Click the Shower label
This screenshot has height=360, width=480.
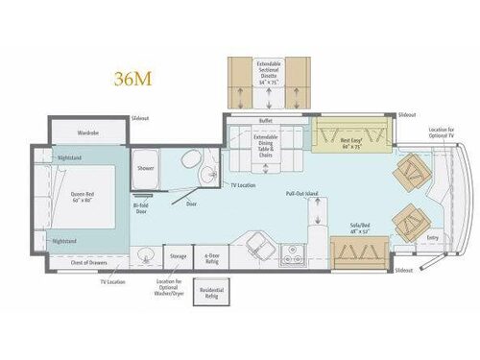(146, 167)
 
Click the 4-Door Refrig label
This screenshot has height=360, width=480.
(210, 256)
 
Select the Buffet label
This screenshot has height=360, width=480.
(267, 121)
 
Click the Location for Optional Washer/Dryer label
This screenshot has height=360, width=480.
(168, 289)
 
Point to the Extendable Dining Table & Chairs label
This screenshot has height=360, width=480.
(266, 144)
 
